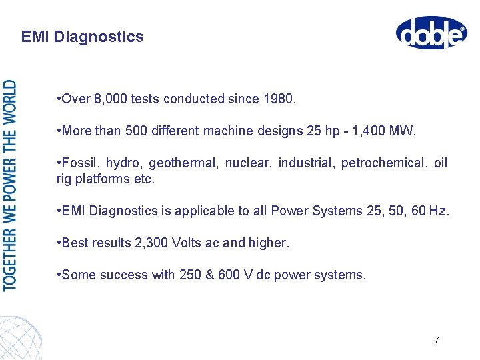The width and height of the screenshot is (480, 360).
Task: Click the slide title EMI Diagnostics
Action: pyautogui.click(x=82, y=37)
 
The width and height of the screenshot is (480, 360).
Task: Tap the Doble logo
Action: pyautogui.click(x=431, y=33)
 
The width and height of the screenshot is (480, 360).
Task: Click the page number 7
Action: pyautogui.click(x=436, y=340)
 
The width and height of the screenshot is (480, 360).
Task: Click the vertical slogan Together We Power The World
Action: pyautogui.click(x=11, y=185)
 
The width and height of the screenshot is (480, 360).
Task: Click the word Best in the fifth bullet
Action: pyautogui.click(x=75, y=243)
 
